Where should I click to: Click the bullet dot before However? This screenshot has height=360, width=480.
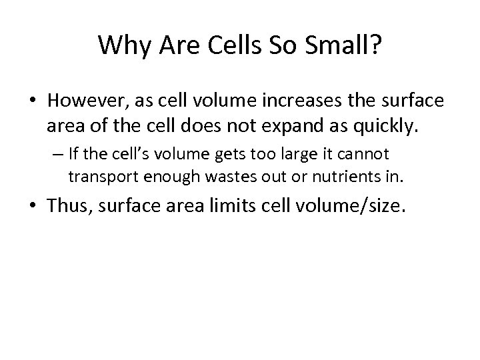point(35,101)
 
